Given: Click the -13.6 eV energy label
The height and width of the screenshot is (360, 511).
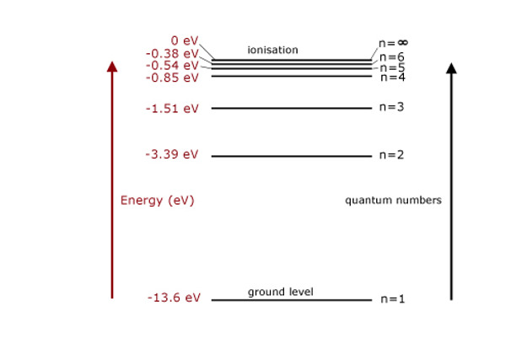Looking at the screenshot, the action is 174,298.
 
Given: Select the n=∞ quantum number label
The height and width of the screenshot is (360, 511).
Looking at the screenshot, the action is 393,42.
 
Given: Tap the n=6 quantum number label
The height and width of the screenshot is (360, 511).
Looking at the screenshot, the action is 393,57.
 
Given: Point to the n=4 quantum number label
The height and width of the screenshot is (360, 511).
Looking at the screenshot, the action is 393,78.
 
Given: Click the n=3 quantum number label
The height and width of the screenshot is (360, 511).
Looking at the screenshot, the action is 392,107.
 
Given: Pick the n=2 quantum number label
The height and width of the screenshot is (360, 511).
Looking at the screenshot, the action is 392,154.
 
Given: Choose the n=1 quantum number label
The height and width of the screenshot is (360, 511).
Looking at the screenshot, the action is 393,298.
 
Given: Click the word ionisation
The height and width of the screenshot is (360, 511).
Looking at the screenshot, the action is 272,50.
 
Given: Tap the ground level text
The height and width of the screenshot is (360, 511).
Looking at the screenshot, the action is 280,292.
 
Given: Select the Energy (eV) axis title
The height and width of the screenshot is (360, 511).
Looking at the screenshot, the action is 157,201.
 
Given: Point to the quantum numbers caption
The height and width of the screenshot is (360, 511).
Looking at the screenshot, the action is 393,201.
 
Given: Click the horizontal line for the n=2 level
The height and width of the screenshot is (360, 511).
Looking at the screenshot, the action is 291,156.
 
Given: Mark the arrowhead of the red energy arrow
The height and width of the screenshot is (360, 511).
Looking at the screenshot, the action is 112,67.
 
